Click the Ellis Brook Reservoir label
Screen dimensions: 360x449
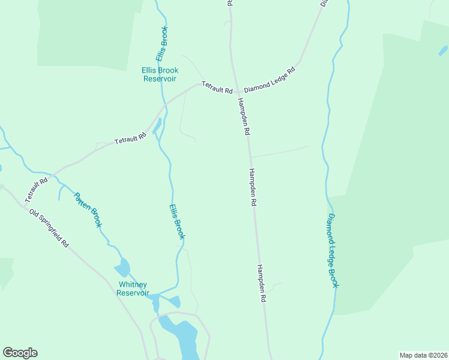[160, 74]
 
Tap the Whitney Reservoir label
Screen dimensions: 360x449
[133, 289]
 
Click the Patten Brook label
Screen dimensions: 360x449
[88, 209]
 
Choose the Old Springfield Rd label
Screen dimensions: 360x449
[49, 228]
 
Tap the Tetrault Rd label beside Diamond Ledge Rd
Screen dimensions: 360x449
[217, 88]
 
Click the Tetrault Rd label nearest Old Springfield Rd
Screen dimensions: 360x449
[36, 190]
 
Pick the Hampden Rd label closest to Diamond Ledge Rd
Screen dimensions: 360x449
[243, 116]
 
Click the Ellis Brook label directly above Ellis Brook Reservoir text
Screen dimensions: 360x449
[162, 43]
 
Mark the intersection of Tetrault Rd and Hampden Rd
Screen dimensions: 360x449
[236, 91]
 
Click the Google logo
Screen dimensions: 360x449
[20, 353]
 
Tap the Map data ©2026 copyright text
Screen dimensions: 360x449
[423, 355]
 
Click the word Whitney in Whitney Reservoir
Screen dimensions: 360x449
[133, 284]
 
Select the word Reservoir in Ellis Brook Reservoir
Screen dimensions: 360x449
[160, 79]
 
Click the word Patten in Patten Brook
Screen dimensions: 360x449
[81, 201]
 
